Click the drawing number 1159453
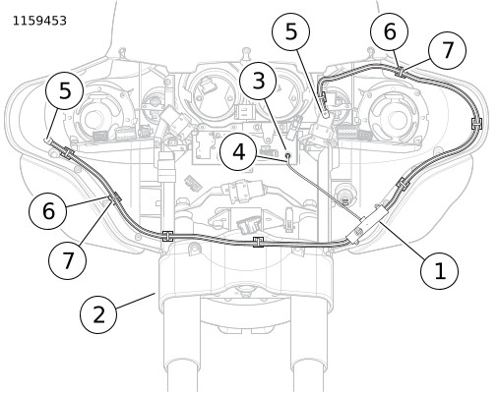[x=39, y=21]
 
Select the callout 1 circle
[x=439, y=271]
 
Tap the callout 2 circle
[x=98, y=315]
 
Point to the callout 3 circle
[x=259, y=81]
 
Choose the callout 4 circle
[x=238, y=152]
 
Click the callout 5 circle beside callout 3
[x=291, y=31]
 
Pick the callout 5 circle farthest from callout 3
[x=65, y=90]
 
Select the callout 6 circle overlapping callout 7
[x=390, y=31]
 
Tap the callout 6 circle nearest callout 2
[x=48, y=210]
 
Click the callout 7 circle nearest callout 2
[x=68, y=260]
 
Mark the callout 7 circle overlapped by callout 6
[x=447, y=50]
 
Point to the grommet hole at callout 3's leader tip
[x=288, y=155]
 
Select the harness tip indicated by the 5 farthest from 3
[x=47, y=140]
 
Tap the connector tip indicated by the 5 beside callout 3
[x=325, y=114]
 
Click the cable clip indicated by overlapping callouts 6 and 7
[x=401, y=72]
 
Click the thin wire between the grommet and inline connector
[x=324, y=190]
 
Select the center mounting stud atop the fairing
[x=246, y=52]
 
